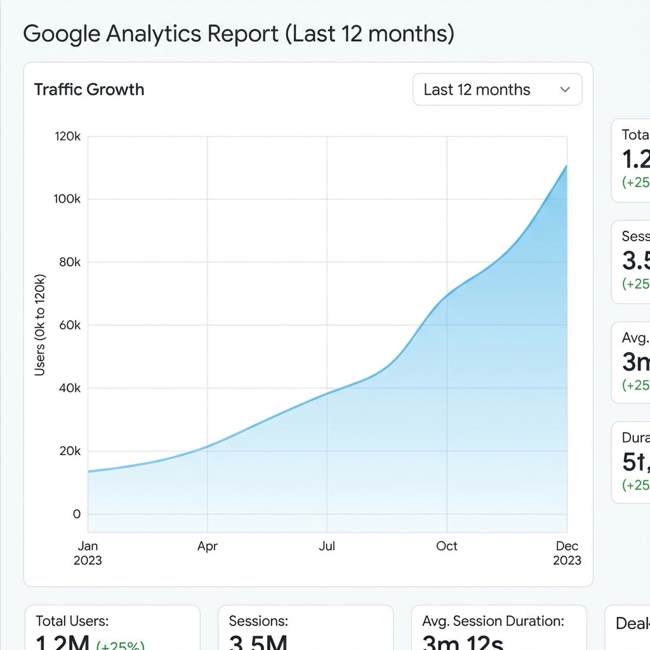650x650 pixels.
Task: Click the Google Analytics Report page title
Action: pos(239,34)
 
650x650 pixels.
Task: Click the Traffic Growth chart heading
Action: pos(89,90)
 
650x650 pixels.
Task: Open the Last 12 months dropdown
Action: pos(497,90)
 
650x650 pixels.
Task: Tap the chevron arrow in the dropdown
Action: pos(565,90)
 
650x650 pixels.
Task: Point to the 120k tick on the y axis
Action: pos(69,136)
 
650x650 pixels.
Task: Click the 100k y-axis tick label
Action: pos(69,199)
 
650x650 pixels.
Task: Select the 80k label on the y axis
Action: pos(69,262)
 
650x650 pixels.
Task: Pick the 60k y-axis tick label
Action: pos(69,325)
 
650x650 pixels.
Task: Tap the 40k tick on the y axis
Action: pos(69,388)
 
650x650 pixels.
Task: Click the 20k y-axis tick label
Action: pos(69,451)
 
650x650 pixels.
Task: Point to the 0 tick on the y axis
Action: pos(77,514)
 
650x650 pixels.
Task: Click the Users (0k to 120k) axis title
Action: pos(40,325)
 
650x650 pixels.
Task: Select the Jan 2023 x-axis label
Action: pos(88,553)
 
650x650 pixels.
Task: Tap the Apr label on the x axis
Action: pos(208,547)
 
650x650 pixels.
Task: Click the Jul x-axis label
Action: pos(327,547)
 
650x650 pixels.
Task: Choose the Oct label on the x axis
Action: pos(447,547)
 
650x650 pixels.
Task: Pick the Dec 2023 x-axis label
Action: pos(566,553)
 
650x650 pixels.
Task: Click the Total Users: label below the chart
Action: pos(72,621)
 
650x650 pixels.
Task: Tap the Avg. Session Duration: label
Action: pos(493,621)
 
